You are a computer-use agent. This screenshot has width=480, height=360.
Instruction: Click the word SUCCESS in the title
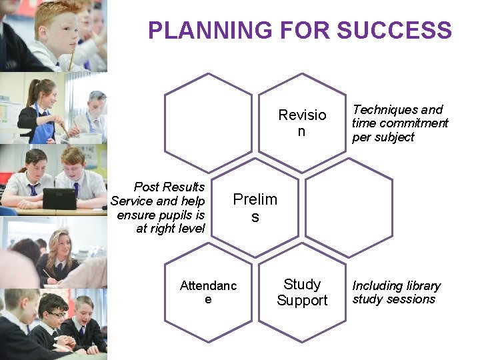395,30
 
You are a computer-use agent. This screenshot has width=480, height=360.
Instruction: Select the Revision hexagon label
302,123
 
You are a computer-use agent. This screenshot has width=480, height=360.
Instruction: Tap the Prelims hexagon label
255,207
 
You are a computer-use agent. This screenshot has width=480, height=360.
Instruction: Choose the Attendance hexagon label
208,292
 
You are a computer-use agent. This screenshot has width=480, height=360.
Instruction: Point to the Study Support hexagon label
302,292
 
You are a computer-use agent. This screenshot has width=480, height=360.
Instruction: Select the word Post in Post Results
147,187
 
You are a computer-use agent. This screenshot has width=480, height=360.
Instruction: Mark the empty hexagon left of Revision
208,123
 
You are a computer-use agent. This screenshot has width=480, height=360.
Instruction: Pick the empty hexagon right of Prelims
348,207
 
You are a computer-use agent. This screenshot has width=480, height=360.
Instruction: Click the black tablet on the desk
59,199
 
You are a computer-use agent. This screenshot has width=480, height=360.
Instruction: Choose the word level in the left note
189,229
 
